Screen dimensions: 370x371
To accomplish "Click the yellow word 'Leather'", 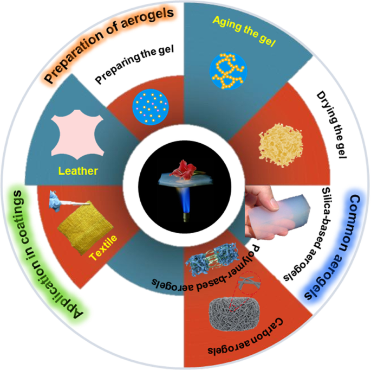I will (x=79, y=171).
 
